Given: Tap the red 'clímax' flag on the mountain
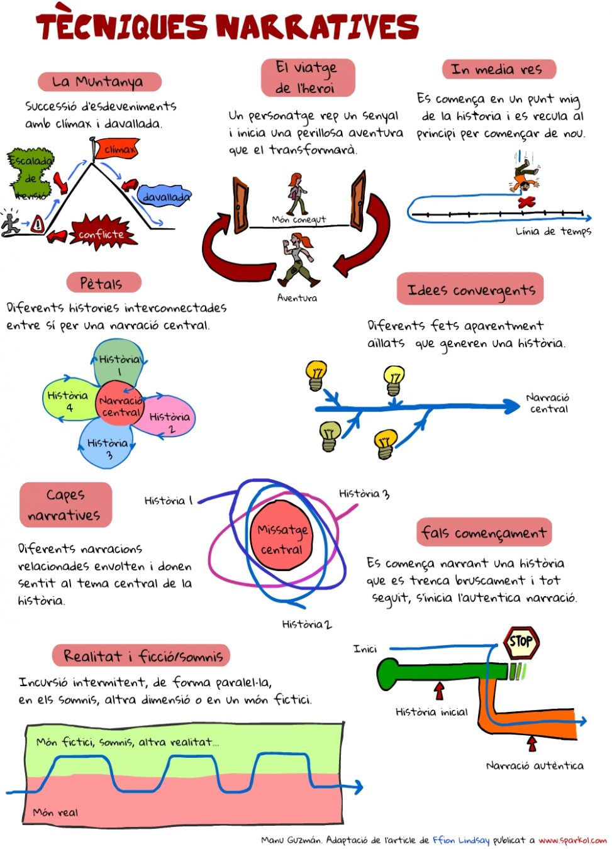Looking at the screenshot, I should tap(116, 150).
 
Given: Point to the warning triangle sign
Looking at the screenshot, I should tap(38, 223).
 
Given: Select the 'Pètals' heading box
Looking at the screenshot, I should tap(101, 283).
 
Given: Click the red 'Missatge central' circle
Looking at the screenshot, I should tap(282, 539).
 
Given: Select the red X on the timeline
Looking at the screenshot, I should tap(526, 203).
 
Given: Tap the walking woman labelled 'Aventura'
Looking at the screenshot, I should tap(298, 259).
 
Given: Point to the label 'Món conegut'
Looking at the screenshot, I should tap(299, 219).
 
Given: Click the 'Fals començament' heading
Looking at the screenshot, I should tap(484, 533).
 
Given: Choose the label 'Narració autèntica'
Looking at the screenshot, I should tap(535, 765).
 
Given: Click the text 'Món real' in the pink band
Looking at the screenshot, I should tap(56, 813).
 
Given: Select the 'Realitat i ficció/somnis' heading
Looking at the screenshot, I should tap(143, 657).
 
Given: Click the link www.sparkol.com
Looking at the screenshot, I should tap(572, 840).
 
